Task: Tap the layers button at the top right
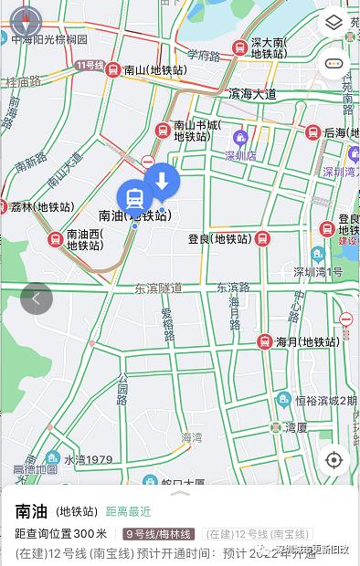pos(334,21)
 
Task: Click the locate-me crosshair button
pos(334,459)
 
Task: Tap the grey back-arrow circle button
pos(37,298)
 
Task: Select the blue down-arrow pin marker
pos(162,181)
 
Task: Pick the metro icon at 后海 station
pos(312,133)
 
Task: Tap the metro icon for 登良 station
pos(262,239)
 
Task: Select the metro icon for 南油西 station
pos(55,239)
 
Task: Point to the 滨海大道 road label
pos(252,93)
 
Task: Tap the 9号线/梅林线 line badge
pos(159,534)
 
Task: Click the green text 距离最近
pos(128,511)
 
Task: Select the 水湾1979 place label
pos(88,458)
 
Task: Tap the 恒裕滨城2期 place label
pos(325,400)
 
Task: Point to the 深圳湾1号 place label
pos(318,272)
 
